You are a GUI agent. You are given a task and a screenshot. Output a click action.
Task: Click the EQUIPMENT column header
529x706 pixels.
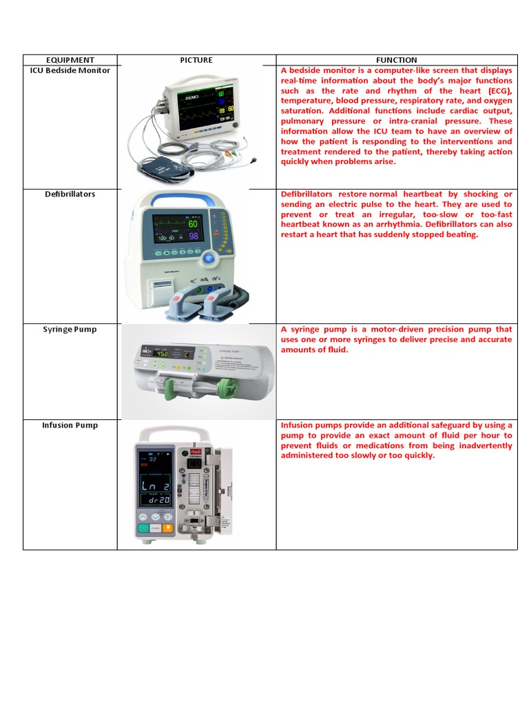click(x=70, y=60)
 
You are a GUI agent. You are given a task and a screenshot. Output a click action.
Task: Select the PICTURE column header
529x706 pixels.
click(x=196, y=60)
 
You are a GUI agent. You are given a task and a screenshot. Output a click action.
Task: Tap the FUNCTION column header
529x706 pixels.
click(x=396, y=60)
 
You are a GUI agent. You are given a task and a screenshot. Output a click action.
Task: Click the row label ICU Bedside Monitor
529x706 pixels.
click(x=70, y=70)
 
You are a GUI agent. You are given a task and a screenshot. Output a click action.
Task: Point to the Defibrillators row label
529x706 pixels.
click(x=70, y=194)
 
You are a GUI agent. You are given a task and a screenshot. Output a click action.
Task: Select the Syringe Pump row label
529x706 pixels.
click(x=70, y=329)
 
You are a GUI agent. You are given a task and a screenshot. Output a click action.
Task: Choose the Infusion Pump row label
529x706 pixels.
click(x=70, y=425)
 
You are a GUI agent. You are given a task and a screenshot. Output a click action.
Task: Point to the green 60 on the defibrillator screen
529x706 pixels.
click(x=192, y=224)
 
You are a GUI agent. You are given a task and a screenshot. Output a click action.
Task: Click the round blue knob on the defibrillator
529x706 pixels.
click(x=209, y=259)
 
